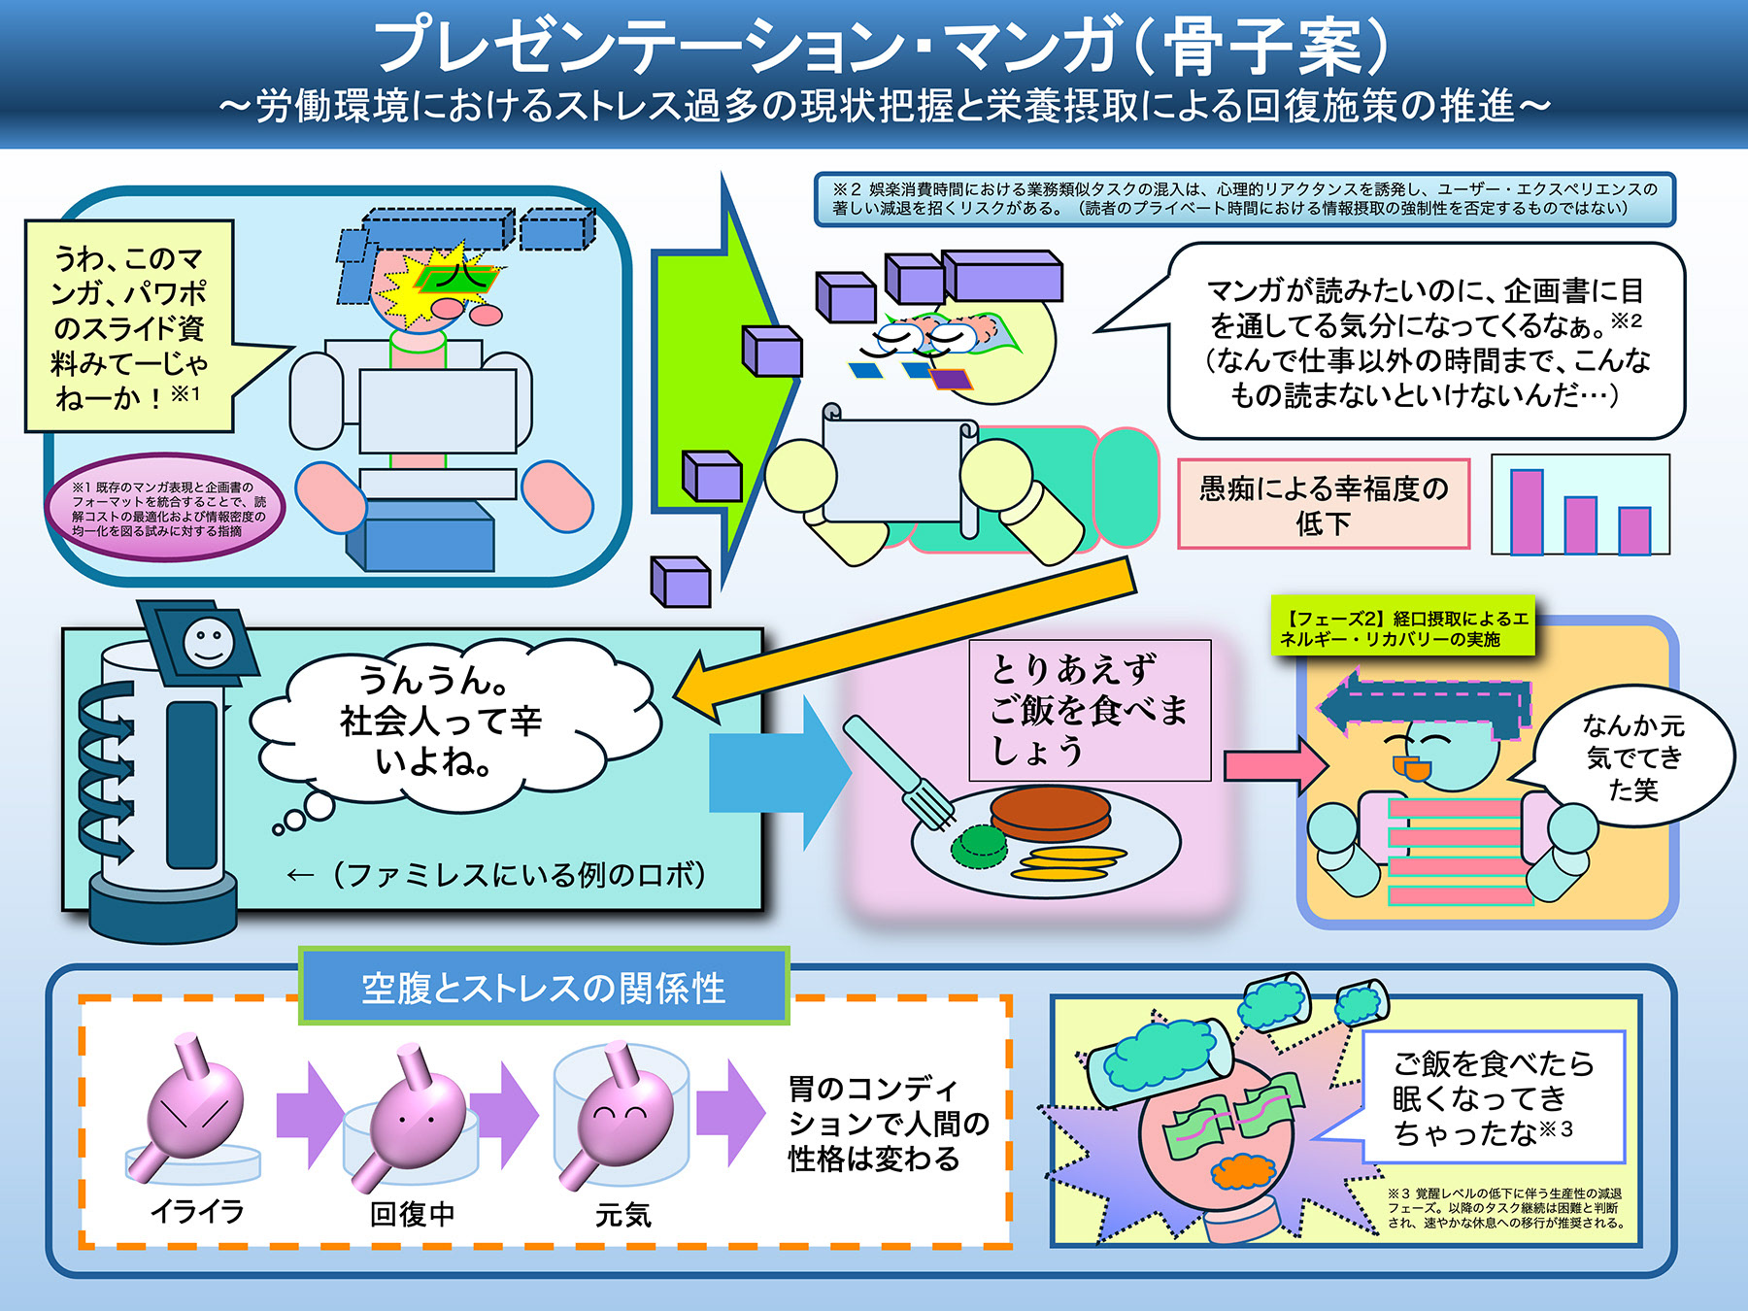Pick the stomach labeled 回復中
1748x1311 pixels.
click(x=413, y=1117)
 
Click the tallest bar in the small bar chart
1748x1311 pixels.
click(x=1527, y=512)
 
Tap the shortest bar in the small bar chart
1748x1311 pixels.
click(x=1634, y=530)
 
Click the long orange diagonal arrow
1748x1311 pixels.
click(x=903, y=636)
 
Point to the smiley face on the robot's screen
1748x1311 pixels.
click(x=209, y=643)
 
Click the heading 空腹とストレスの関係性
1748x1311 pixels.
click(x=544, y=988)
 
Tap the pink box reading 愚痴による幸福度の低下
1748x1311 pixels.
click(x=1323, y=505)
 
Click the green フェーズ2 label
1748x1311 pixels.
click(x=1403, y=628)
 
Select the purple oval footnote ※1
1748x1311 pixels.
click(x=165, y=508)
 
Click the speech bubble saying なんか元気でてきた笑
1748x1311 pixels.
click(x=1631, y=757)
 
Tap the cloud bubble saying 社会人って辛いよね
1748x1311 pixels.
click(x=442, y=721)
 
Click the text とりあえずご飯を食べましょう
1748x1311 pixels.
click(x=1089, y=710)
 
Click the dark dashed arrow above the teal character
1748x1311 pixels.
click(x=1423, y=706)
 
